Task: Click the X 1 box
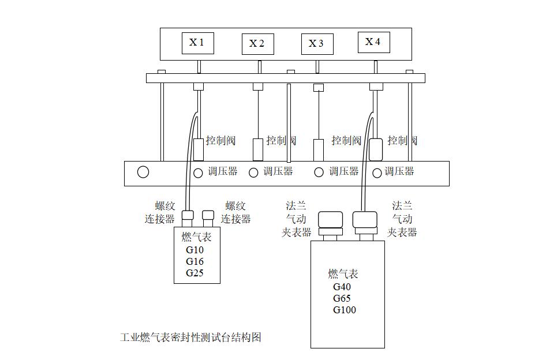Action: click(197, 42)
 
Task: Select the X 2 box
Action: click(257, 44)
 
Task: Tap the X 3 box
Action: click(317, 44)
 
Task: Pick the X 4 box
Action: click(373, 42)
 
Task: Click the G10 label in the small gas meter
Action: click(195, 250)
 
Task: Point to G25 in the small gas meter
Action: click(195, 273)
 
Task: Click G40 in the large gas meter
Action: click(342, 287)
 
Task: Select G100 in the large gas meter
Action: click(345, 310)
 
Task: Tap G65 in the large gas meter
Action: click(342, 298)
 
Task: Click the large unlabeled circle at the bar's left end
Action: click(143, 172)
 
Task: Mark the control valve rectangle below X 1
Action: click(199, 149)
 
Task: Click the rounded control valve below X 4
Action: click(376, 149)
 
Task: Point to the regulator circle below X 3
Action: click(319, 172)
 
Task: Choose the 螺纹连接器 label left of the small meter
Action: click(160, 212)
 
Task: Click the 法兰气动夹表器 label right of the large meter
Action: click(402, 219)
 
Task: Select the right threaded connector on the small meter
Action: click(208, 216)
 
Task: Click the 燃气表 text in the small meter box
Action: click(197, 237)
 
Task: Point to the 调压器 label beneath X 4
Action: click(399, 171)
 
